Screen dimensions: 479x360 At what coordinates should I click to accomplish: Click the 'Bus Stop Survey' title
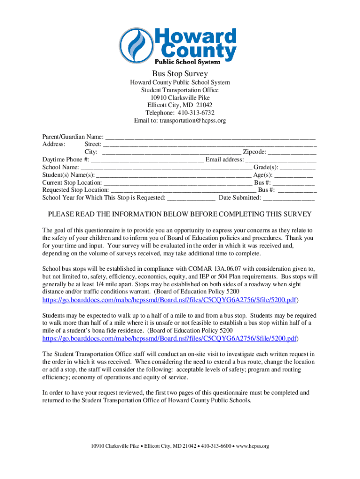pyautogui.click(x=180, y=74)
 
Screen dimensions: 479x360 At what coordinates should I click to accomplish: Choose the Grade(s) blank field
pyautogui.click(x=298, y=167)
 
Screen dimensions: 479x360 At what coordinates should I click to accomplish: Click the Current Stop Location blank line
pyautogui.click(x=178, y=182)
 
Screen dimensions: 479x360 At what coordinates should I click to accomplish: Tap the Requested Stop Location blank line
pyautogui.click(x=183, y=190)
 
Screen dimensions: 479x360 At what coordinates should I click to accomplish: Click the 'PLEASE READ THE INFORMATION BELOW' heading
pyautogui.click(x=180, y=214)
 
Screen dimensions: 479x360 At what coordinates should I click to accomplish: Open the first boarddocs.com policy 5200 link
pyautogui.click(x=170, y=299)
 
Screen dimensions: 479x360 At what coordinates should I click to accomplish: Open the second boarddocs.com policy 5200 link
pyautogui.click(x=170, y=338)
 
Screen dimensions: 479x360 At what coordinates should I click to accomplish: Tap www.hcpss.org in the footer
pyautogui.click(x=253, y=446)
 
